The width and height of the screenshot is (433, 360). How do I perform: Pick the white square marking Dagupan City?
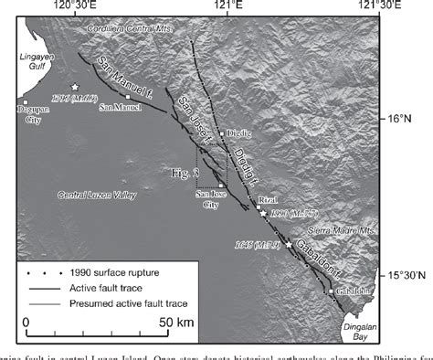coord(26,101)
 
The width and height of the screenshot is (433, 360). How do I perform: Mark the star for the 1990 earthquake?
coord(263,213)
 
